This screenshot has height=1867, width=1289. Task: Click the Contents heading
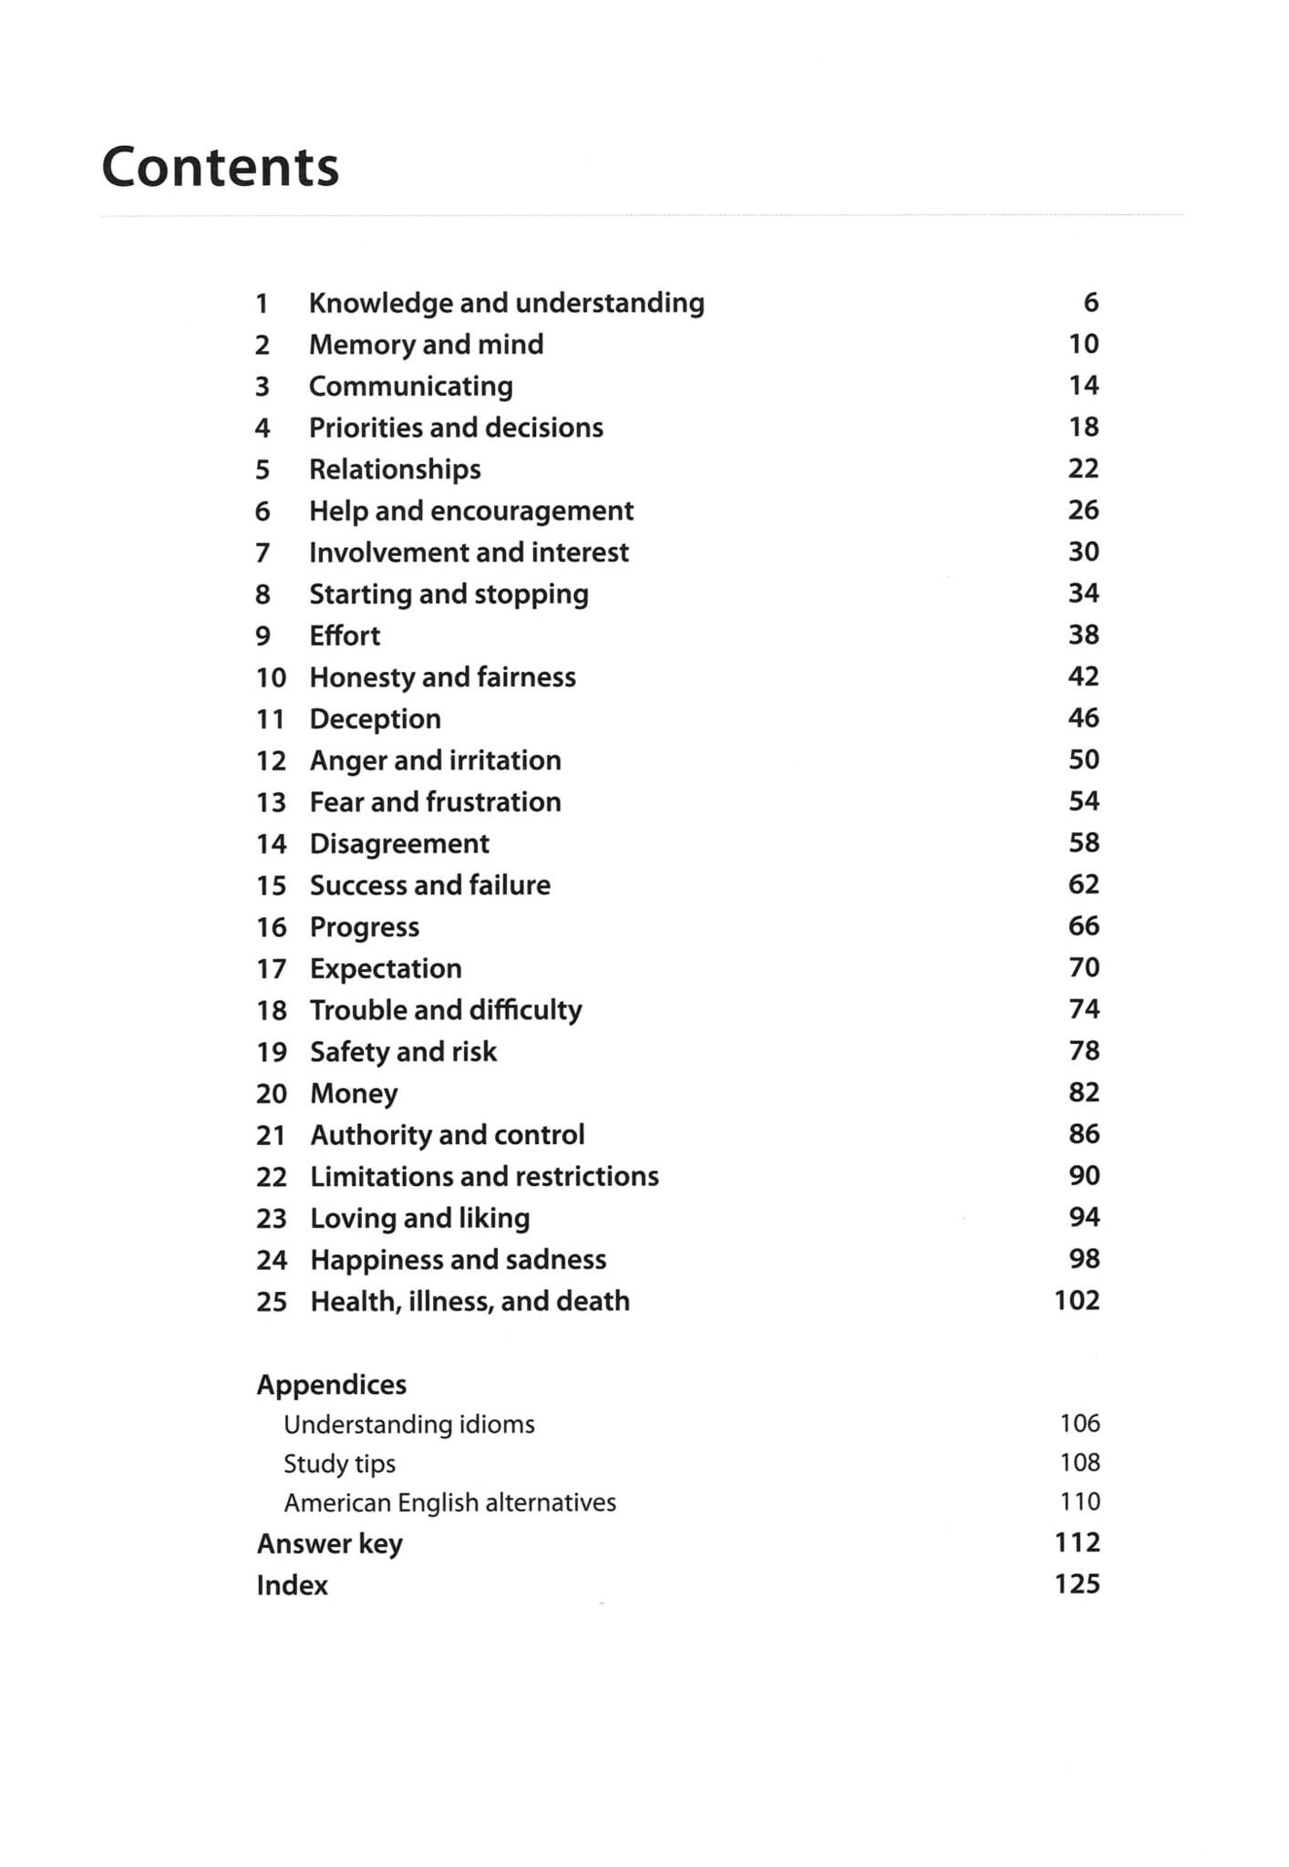220,167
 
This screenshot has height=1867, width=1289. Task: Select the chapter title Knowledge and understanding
506,303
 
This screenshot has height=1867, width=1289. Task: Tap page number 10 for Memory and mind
1084,344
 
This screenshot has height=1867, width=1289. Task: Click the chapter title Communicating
410,387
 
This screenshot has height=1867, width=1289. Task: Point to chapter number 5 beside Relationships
263,469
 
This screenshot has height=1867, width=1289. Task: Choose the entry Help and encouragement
470,511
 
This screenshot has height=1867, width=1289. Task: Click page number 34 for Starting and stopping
1084,593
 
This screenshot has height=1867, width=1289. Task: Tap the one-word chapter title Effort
345,635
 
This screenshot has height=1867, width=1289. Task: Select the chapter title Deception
375,719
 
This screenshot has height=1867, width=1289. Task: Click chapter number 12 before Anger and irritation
271,760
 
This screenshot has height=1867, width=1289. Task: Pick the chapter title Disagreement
399,844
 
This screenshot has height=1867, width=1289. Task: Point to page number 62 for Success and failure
1084,884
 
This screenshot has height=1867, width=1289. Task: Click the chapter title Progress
365,927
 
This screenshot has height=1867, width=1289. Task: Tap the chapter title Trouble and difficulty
446,1010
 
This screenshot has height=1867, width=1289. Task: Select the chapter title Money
354,1093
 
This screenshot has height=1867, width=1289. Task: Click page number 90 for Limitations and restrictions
1084,1176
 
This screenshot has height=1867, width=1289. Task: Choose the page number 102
1077,1300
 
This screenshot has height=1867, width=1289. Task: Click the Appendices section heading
331,1385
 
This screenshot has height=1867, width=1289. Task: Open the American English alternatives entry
449,1502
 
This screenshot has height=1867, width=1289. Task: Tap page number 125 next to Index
1077,1584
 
